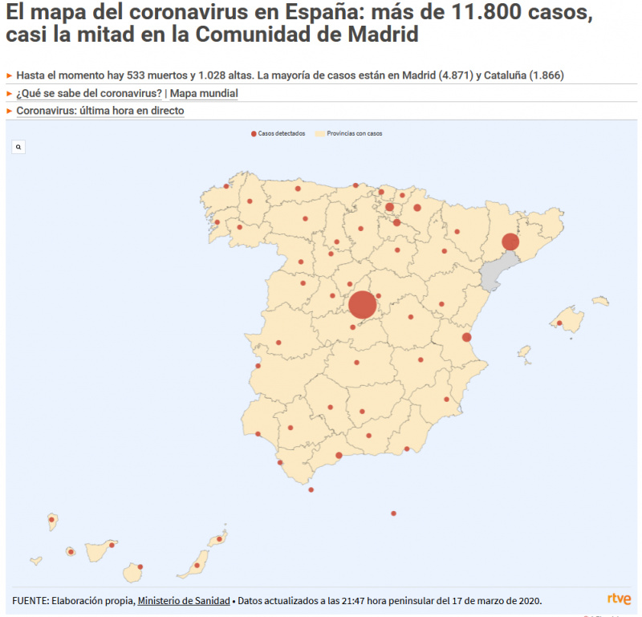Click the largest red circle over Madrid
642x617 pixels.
pos(362,305)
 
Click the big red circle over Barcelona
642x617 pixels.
pos(510,242)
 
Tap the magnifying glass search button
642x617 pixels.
pos(19,147)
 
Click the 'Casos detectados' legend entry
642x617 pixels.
pos(277,134)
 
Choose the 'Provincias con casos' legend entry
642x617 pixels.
pos(349,134)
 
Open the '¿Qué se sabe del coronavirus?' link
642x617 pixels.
pos(89,93)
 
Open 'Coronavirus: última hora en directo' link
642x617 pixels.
pos(100,111)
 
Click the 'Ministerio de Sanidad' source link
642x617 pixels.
pos(184,600)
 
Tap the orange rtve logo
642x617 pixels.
pos(619,599)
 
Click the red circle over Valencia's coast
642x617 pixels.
pos(466,337)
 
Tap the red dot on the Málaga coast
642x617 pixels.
pos(339,456)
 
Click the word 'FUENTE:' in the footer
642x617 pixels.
pos(33,600)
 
